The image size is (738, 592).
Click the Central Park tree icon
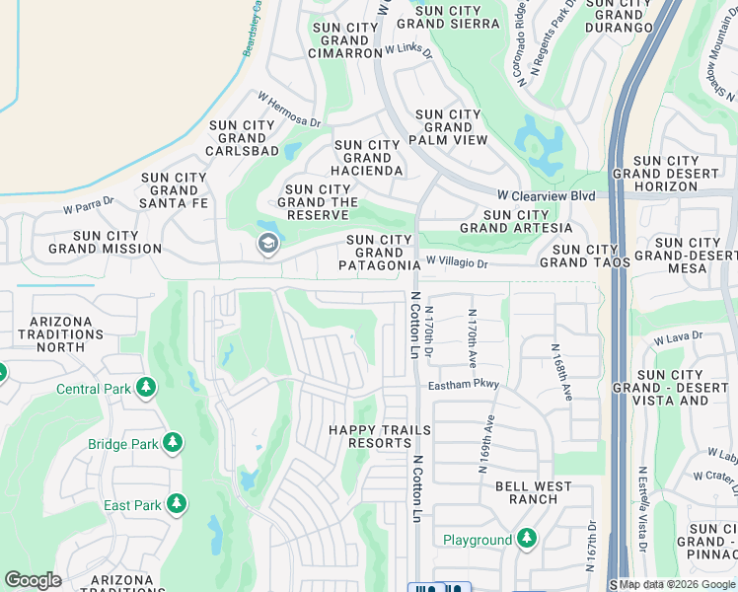point(146,388)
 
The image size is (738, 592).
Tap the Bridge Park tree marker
point(174,443)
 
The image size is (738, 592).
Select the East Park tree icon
point(177,504)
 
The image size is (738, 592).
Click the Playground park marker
point(527,538)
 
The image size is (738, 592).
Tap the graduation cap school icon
point(267,245)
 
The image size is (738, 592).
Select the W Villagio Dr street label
point(457,263)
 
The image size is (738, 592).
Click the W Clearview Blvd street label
point(546,195)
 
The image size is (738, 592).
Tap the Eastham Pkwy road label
point(464,384)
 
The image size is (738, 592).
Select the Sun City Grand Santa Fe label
point(174,191)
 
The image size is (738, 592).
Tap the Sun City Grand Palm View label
point(450,127)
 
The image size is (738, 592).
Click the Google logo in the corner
point(33,580)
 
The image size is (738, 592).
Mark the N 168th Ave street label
point(561,371)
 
